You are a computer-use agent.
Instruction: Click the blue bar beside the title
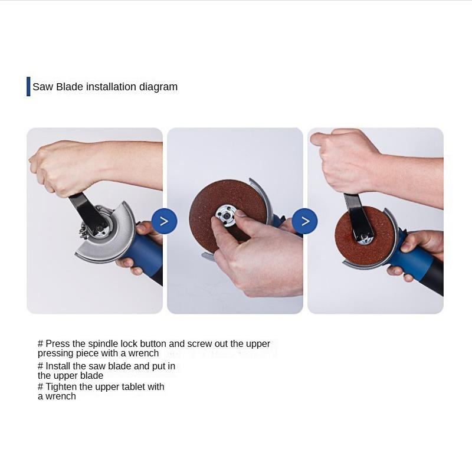point(28,86)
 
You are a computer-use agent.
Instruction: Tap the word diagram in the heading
point(158,87)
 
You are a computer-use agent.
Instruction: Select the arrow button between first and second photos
point(164,221)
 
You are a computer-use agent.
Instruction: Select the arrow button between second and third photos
point(304,221)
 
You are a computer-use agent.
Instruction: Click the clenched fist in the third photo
point(345,159)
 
